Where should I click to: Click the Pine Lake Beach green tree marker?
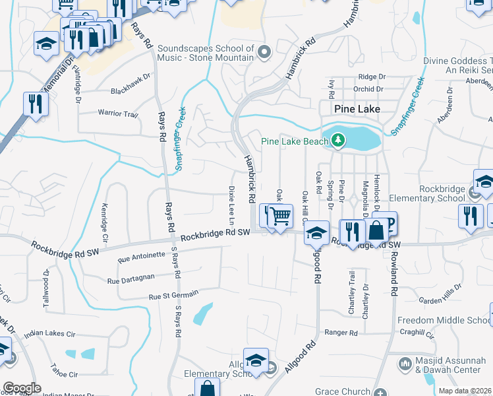[x=338, y=140]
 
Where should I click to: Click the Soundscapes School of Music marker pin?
[x=265, y=51]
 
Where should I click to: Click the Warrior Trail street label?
[x=118, y=114]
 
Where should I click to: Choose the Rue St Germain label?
[x=173, y=297]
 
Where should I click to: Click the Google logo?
[x=22, y=388]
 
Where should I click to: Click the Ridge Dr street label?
[x=372, y=77]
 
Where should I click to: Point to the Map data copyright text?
[x=465, y=391]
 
